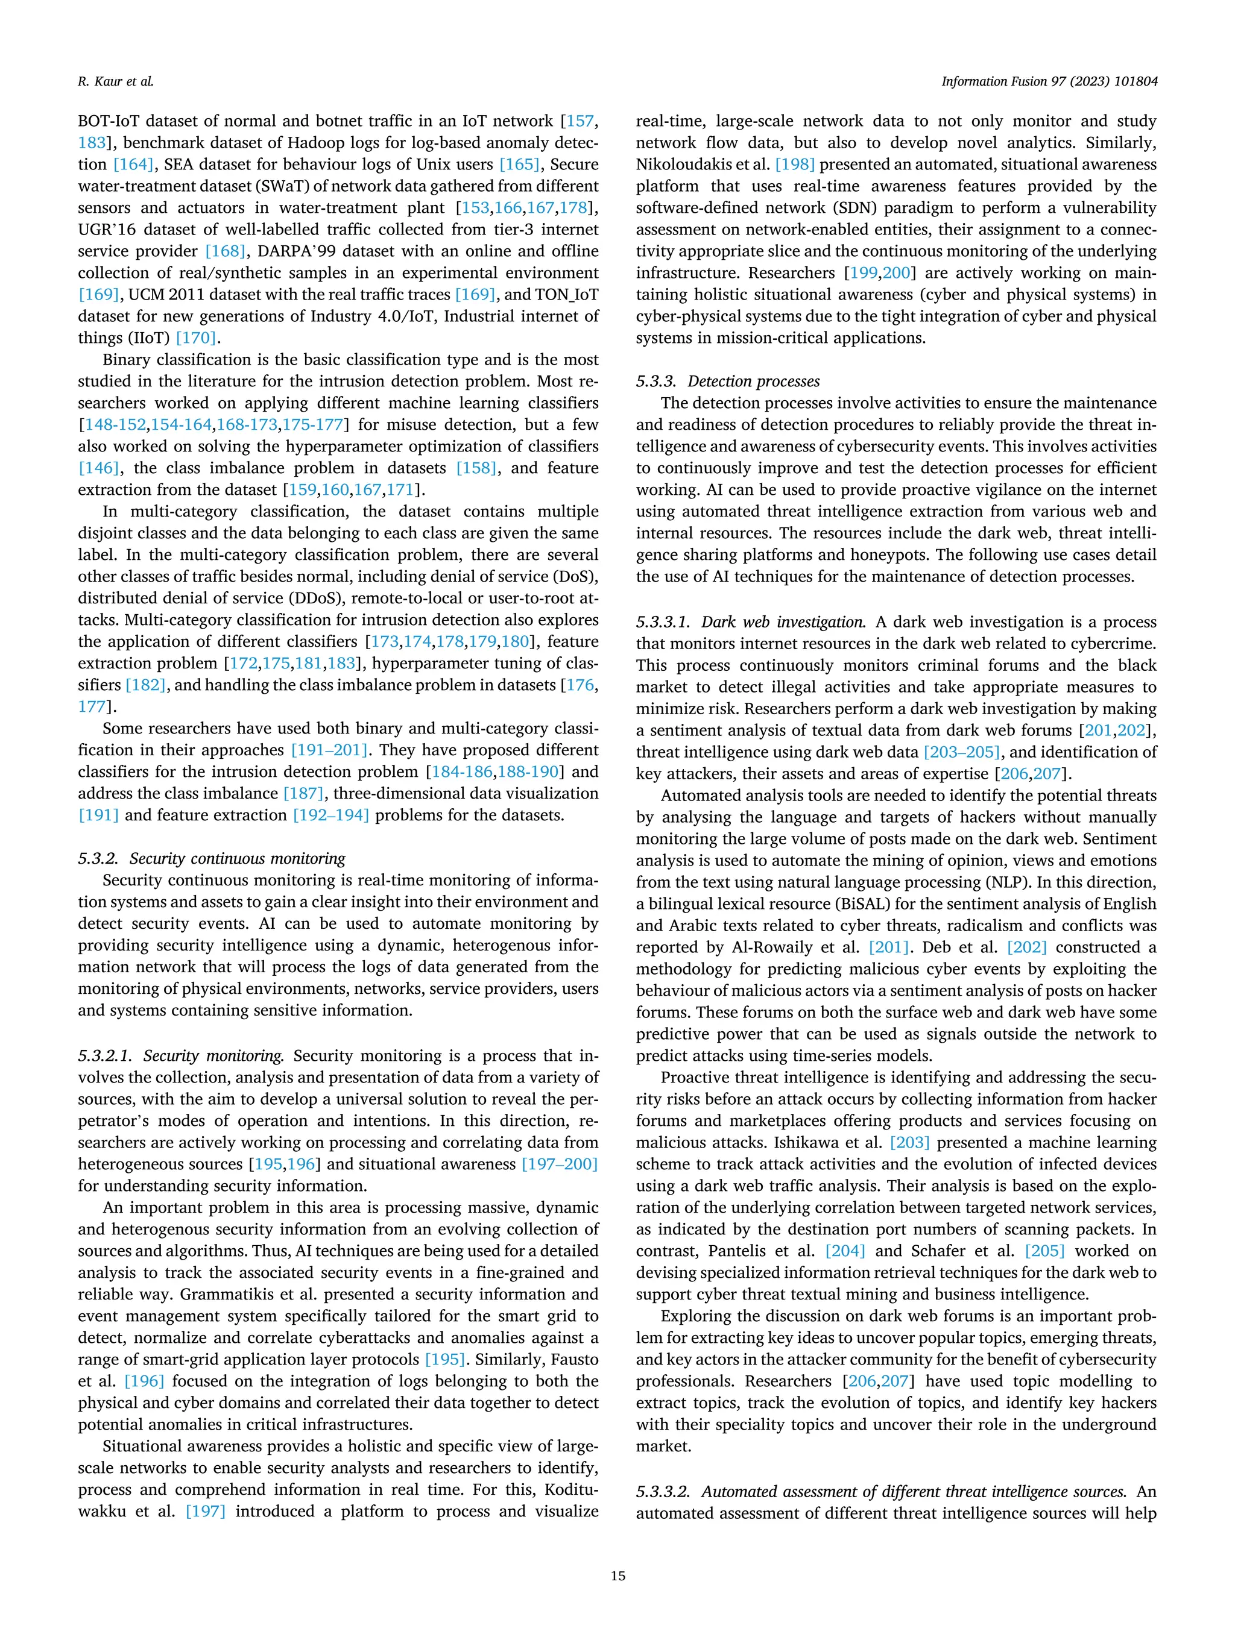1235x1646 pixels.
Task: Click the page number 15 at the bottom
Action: [x=617, y=1575]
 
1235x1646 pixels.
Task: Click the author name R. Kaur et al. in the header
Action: [x=115, y=82]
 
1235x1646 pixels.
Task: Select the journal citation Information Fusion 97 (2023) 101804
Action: [x=1049, y=82]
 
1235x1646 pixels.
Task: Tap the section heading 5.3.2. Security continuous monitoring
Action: [x=212, y=858]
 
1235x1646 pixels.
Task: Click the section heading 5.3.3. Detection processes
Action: [x=727, y=381]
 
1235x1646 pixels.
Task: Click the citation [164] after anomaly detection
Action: [x=133, y=165]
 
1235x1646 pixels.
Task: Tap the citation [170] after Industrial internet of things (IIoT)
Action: [x=196, y=338]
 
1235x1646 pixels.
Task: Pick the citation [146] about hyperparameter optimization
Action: [x=99, y=468]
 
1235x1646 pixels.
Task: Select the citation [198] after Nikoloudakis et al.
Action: [x=794, y=165]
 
